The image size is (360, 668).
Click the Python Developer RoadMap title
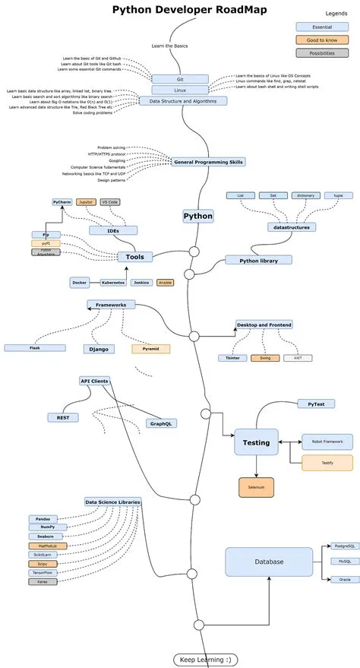tap(179, 10)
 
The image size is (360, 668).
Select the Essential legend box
tap(317, 27)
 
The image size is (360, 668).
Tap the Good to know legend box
tap(317, 40)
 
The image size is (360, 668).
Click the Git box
tap(179, 78)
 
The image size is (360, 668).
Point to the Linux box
tap(179, 90)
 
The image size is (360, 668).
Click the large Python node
tap(198, 216)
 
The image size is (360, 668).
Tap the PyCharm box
tap(62, 203)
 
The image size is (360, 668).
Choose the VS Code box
tap(109, 203)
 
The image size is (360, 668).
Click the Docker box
tap(79, 282)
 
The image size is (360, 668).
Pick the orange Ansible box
tap(164, 282)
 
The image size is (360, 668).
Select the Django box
tap(99, 349)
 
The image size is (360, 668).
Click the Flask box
tap(34, 347)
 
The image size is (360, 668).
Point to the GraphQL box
tap(161, 423)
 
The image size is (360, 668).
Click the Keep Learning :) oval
tap(204, 659)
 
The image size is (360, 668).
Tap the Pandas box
tap(43, 518)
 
